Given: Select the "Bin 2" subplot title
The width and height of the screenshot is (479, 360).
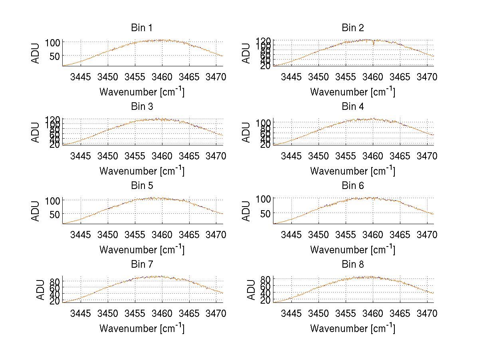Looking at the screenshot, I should pyautogui.click(x=353, y=28).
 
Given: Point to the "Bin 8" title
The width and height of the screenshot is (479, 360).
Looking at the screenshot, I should pyautogui.click(x=353, y=265).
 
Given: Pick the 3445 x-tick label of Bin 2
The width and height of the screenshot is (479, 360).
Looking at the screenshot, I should pyautogui.click(x=291, y=77).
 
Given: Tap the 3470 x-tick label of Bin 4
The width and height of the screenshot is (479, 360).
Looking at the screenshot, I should pyautogui.click(x=427, y=155).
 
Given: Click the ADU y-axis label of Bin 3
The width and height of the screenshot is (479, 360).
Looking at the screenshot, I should pyautogui.click(x=36, y=132).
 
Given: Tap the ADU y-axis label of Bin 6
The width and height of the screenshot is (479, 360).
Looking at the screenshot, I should pyautogui.click(x=247, y=211).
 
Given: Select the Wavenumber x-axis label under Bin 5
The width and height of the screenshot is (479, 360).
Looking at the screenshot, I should pyautogui.click(x=142, y=250).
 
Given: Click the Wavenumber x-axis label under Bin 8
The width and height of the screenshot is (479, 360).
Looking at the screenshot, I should pyautogui.click(x=352, y=328).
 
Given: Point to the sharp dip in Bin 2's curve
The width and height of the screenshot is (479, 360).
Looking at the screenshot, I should pyautogui.click(x=373, y=43).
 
